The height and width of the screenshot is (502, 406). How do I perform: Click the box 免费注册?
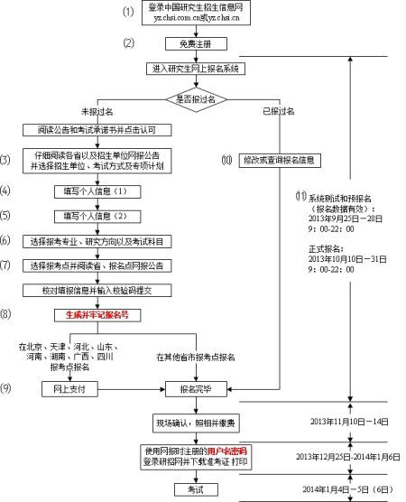click(190, 43)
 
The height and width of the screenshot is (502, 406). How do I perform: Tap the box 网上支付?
click(69, 389)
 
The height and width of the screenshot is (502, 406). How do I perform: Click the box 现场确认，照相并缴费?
click(190, 422)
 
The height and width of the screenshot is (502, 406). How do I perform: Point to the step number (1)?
click(128, 12)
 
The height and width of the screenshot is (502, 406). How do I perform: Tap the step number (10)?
click(226, 160)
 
